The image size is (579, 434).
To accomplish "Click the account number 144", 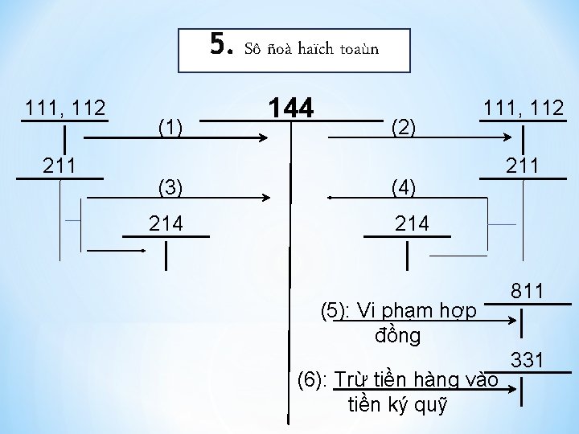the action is pyautogui.click(x=293, y=108).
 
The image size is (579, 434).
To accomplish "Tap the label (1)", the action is pyautogui.click(x=170, y=126).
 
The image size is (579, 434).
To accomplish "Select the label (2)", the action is pyautogui.click(x=402, y=126).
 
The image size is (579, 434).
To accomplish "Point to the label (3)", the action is pyautogui.click(x=170, y=188).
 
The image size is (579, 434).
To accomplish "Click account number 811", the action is pyautogui.click(x=527, y=292).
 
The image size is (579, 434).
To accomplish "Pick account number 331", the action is pyautogui.click(x=527, y=360).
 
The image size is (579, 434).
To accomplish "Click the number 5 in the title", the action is pyautogui.click(x=219, y=46).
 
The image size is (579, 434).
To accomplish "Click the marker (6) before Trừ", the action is pyautogui.click(x=313, y=379).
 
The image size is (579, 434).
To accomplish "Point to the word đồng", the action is pyautogui.click(x=397, y=335).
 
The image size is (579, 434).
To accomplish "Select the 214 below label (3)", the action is pyautogui.click(x=166, y=223).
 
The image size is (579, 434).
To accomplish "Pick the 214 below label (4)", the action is pyautogui.click(x=412, y=223).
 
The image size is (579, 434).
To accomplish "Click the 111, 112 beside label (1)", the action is pyautogui.click(x=65, y=108).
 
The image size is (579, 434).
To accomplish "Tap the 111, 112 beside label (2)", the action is pyautogui.click(x=524, y=108).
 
